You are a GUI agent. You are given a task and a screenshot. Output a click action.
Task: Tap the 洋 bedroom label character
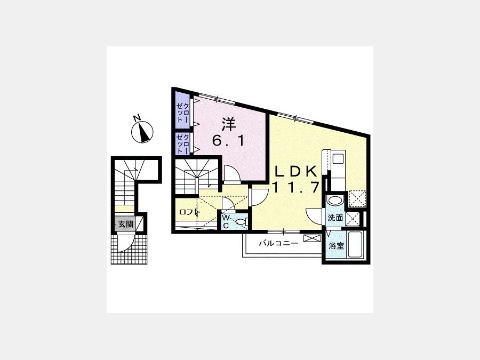(229, 125)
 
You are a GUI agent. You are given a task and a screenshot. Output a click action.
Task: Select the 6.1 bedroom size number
(229, 141)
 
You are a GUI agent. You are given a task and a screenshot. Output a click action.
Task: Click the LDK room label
(295, 172)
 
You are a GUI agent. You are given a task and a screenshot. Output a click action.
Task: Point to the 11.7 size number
(296, 187)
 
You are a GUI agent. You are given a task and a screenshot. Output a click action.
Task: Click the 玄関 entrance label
(126, 224)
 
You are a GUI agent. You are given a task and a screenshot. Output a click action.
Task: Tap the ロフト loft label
(189, 212)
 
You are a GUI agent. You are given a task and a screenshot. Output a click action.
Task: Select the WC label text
(226, 222)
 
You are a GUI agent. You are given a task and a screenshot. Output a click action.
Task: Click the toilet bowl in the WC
(242, 221)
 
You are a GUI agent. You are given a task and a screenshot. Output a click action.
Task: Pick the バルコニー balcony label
(278, 244)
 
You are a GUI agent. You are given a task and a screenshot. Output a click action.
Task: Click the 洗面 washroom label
(335, 218)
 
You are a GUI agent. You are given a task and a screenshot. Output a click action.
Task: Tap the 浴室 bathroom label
(337, 246)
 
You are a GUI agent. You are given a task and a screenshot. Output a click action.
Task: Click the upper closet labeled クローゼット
(183, 111)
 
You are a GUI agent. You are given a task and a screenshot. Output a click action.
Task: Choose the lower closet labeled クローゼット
(183, 143)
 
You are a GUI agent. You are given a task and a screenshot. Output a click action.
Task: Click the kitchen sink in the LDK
(338, 159)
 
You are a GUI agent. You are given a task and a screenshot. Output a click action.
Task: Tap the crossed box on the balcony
(312, 238)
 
